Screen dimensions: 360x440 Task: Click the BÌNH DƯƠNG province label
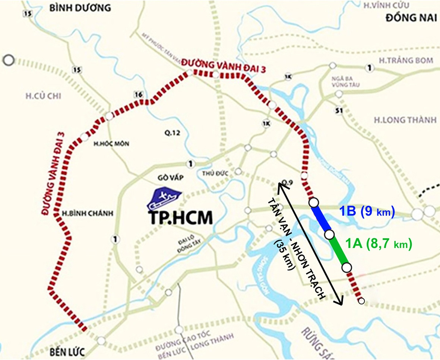tap(80, 7)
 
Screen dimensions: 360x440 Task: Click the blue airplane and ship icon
tap(164, 200)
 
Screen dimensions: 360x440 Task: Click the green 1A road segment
tap(338, 251)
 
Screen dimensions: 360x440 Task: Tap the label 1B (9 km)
tap(367, 211)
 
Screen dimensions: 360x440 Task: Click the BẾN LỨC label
tap(67, 352)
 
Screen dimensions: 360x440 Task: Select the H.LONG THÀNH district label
tap(405, 120)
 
